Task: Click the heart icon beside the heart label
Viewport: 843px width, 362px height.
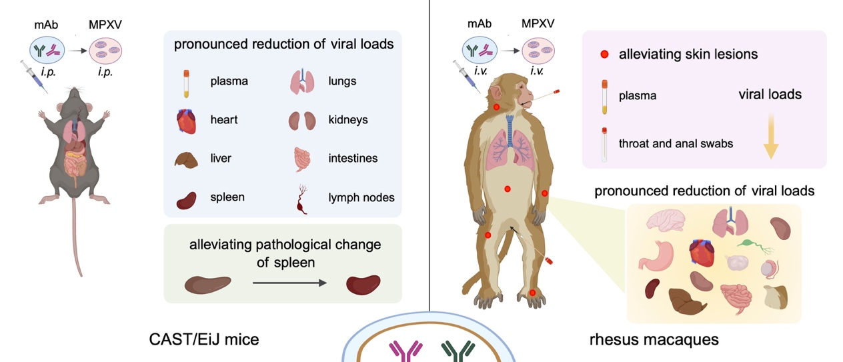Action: [x=186, y=121]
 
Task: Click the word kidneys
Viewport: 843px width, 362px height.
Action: [x=347, y=120]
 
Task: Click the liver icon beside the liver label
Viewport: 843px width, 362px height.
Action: [x=186, y=160]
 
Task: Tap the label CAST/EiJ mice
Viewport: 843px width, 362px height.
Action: [x=203, y=340]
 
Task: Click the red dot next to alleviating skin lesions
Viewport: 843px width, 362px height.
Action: [x=604, y=54]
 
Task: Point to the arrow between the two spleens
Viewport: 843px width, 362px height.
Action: [x=289, y=283]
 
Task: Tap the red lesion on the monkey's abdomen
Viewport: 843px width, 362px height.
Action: [x=508, y=189]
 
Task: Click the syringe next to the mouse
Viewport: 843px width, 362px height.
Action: [x=33, y=76]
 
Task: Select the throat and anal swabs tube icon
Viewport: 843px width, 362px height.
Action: [x=604, y=144]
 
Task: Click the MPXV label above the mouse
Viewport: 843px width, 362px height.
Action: [x=105, y=26]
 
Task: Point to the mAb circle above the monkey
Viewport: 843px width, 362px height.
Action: [x=480, y=49]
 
